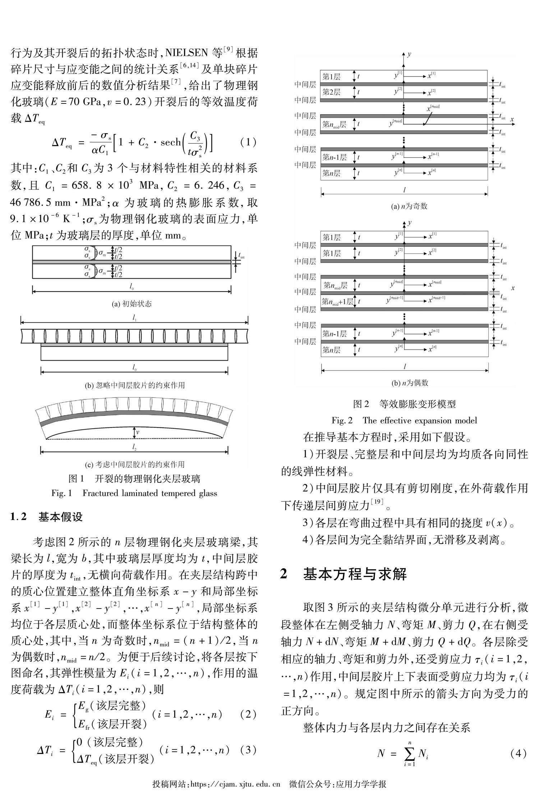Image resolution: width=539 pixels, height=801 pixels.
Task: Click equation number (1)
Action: [x=248, y=142]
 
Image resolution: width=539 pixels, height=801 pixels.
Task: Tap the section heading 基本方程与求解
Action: [x=355, y=574]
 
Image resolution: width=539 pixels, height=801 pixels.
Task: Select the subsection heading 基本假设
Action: [x=60, y=517]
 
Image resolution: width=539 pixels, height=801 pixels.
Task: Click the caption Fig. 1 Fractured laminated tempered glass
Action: [x=134, y=493]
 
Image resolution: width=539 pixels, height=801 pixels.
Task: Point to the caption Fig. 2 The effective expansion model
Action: [x=404, y=420]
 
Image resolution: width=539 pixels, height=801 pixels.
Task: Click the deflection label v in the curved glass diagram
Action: [x=138, y=432]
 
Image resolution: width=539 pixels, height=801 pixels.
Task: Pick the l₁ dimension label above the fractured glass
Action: [x=134, y=318]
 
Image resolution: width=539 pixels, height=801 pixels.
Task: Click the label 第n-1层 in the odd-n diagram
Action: [x=334, y=157]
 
